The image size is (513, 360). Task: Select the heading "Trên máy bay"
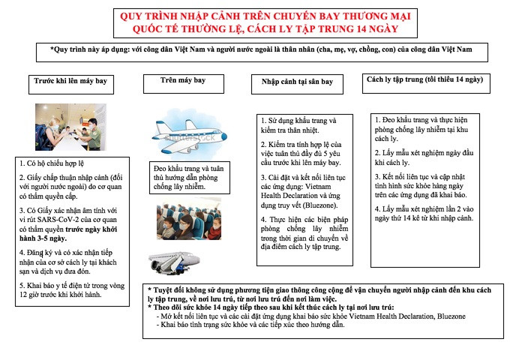click(x=183, y=79)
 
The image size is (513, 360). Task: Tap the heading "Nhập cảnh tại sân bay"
click(x=302, y=81)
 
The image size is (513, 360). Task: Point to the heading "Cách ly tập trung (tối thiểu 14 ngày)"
click(x=424, y=79)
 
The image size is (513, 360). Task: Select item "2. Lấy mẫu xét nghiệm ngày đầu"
click(x=423, y=156)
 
